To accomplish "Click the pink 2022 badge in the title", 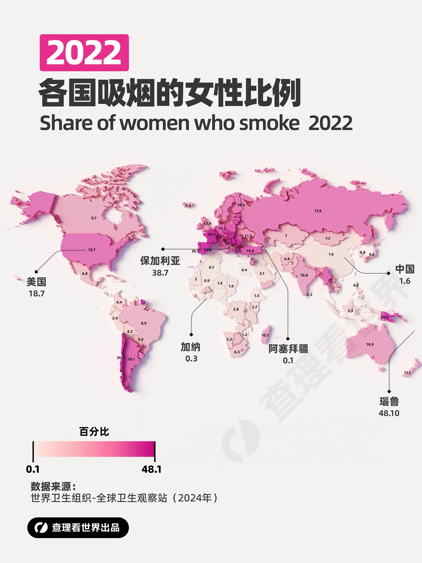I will click(x=84, y=53).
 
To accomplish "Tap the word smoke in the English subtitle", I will click(x=269, y=123).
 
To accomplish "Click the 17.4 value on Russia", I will click(x=318, y=211).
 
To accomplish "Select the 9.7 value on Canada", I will click(x=94, y=218).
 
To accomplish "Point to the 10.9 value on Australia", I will click(x=370, y=345).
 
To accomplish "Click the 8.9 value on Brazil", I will click(x=144, y=323).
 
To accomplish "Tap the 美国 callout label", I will click(x=36, y=281).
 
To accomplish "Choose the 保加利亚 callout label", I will click(x=160, y=261).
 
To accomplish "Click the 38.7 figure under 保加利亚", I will click(x=160, y=273).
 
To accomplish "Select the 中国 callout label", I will click(x=405, y=269).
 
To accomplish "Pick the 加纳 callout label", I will click(x=191, y=347).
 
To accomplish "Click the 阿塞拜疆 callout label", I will click(x=288, y=349).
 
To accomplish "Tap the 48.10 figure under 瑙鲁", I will click(x=389, y=413).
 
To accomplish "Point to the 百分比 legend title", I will click(x=94, y=432).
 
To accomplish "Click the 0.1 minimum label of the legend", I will click(x=33, y=469).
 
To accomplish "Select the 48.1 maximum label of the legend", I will click(x=152, y=469).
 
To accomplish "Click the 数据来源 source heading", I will click(x=53, y=487).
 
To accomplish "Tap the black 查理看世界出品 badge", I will click(x=78, y=528).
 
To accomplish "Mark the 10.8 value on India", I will click(x=304, y=275).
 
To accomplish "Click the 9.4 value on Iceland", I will click(x=188, y=206).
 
